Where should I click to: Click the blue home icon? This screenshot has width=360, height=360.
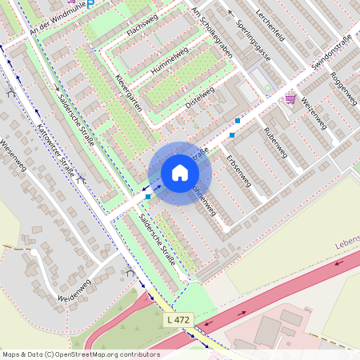180,173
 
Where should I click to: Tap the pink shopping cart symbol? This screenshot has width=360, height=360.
290,98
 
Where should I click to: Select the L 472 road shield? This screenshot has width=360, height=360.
179,319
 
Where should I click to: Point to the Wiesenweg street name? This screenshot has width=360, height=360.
15,159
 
